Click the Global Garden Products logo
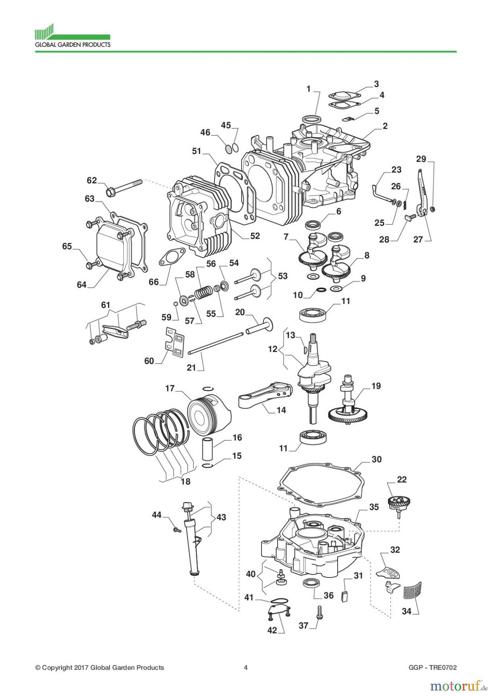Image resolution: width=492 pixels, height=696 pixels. [72, 36]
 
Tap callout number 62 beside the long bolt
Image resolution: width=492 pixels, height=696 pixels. [92, 180]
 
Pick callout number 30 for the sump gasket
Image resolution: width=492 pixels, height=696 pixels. [376, 459]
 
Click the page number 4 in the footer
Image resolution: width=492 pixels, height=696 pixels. [246, 667]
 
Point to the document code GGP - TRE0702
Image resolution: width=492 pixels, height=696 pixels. [432, 667]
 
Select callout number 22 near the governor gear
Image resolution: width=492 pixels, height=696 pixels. [401, 479]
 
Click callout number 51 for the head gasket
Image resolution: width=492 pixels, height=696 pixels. [197, 151]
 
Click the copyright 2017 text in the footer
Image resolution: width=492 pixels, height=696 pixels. [100, 667]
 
